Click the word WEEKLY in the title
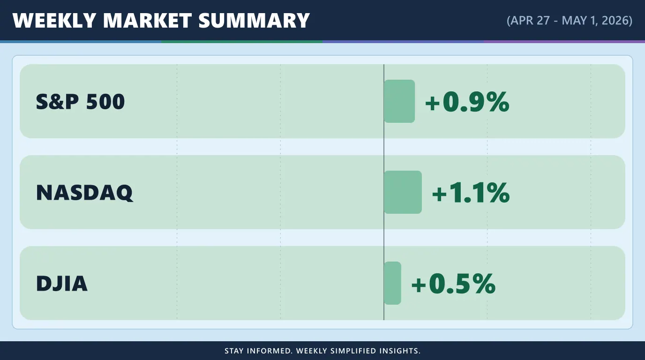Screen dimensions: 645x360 pos(54,21)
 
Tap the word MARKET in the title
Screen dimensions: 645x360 pos(147,21)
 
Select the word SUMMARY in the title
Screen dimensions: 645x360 pos(254,21)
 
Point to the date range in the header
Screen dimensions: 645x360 pos(569,21)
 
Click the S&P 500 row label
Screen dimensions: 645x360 pos(80,102)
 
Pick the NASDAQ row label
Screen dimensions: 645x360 pos(85,193)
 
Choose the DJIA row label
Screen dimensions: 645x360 pos(62,284)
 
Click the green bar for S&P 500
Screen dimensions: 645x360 pos(399,101)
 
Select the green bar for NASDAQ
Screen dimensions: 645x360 pos(403,192)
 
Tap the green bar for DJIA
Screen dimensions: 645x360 pos(392,283)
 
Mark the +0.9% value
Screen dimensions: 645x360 pos(467,102)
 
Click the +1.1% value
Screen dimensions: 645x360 pos(471,193)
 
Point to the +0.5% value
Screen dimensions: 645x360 pos(454,284)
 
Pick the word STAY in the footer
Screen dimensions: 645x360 pos(234,351)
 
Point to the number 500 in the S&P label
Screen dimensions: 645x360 pos(105,102)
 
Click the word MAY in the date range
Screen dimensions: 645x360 pos(575,21)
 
